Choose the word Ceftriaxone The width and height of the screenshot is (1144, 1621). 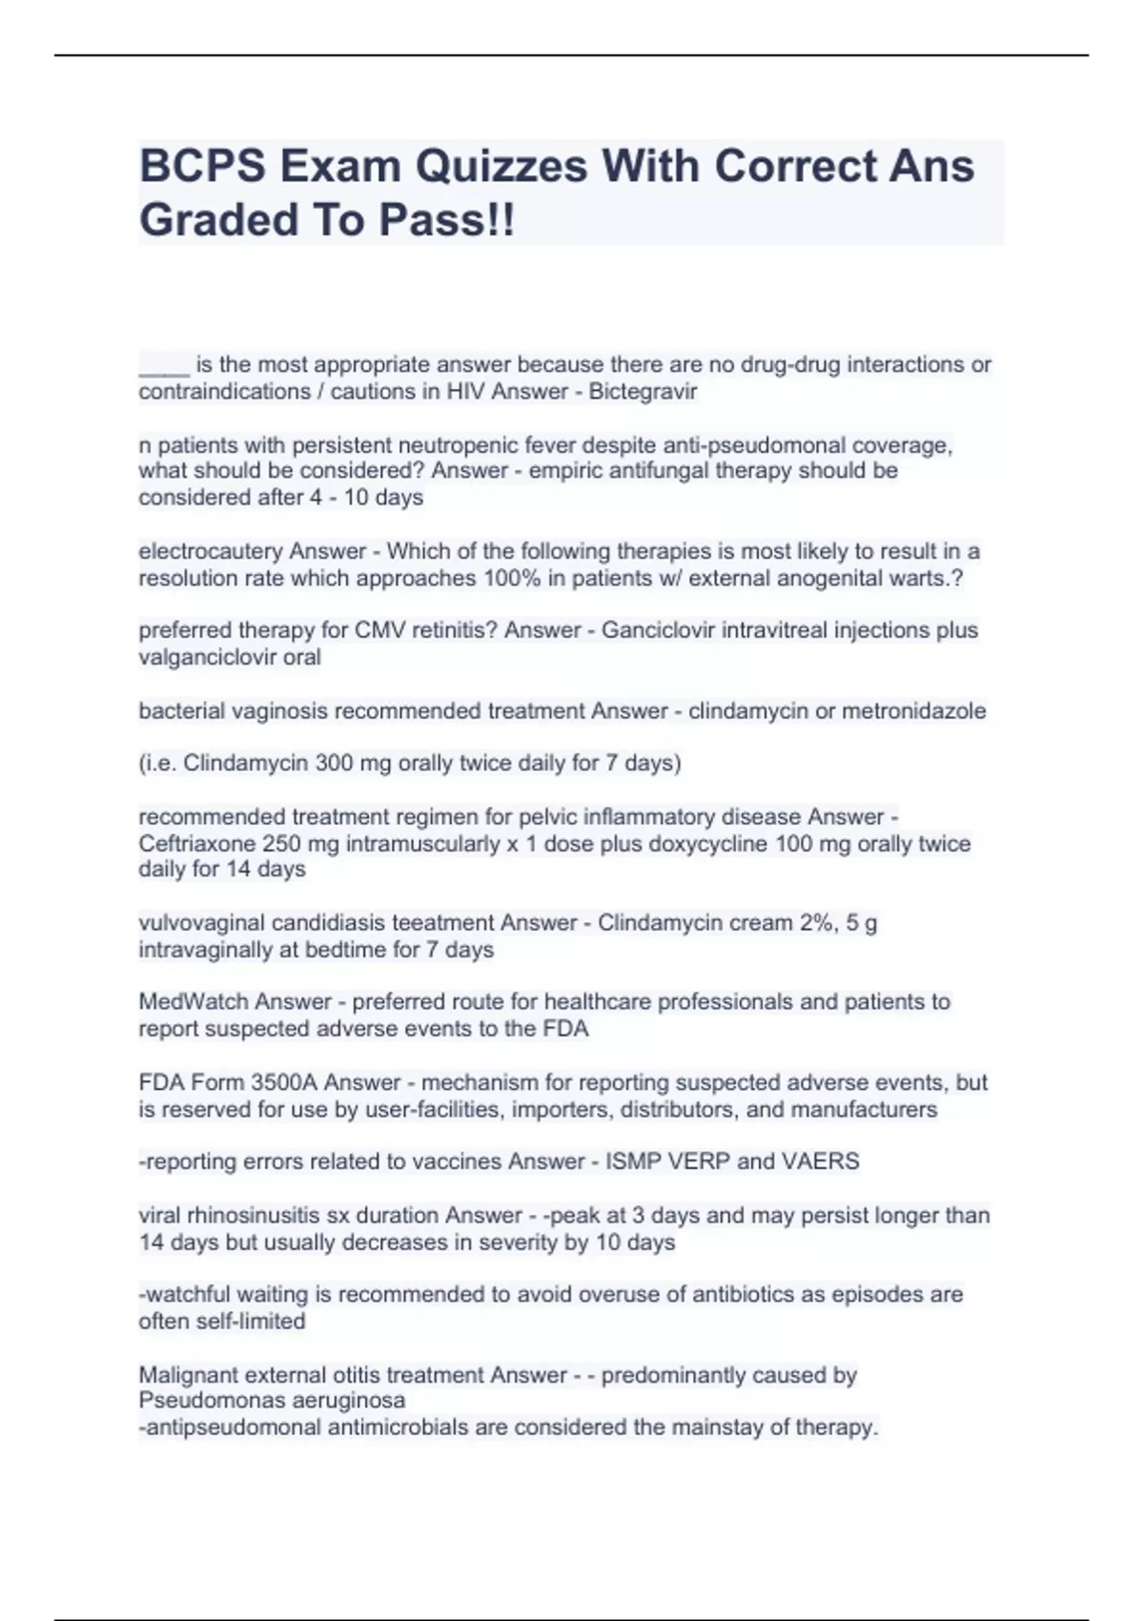[191, 844]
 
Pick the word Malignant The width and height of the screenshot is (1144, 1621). [186, 1375]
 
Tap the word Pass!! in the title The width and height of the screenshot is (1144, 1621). [447, 220]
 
